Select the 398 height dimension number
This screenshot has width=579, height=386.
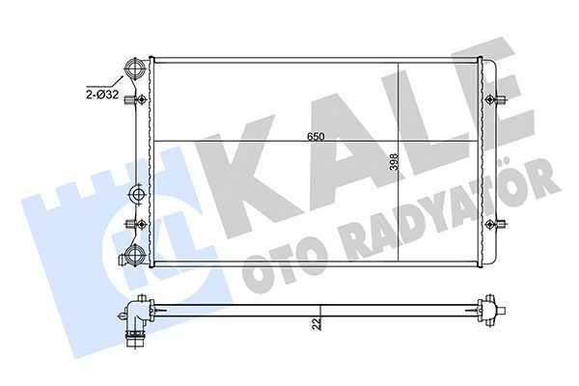point(394,162)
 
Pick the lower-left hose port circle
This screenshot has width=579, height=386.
point(134,256)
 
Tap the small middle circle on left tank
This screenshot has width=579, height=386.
point(137,196)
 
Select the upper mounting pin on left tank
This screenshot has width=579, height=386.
point(142,99)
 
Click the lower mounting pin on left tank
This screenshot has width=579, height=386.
point(142,224)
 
